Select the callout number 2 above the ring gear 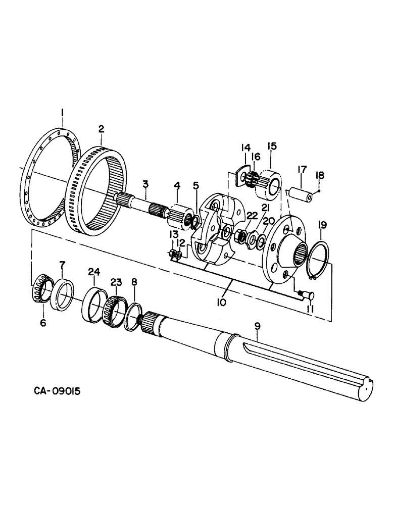click(101, 130)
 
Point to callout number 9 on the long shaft click(257, 327)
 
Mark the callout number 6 click(42, 322)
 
